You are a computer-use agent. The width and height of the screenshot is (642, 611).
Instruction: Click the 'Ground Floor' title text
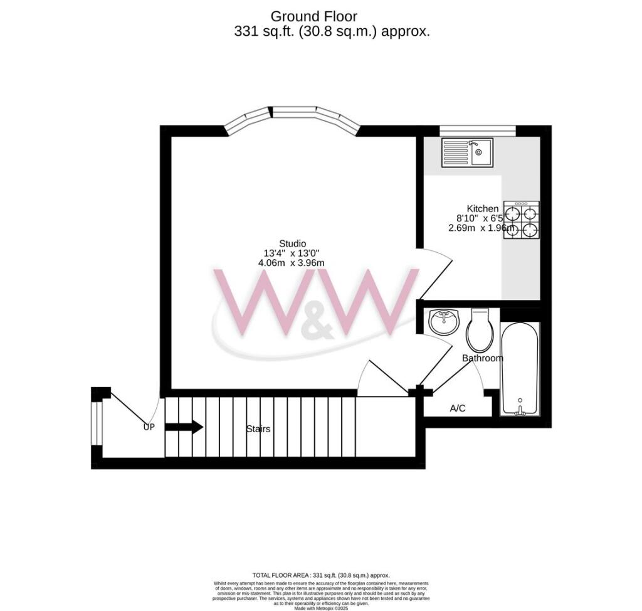(313, 16)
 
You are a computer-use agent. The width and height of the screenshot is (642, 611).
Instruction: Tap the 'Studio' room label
(292, 243)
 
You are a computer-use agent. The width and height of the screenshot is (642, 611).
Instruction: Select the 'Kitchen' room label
(482, 208)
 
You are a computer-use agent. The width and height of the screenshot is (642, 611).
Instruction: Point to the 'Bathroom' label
(482, 358)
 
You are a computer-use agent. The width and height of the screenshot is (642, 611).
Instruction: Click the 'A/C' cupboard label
(458, 408)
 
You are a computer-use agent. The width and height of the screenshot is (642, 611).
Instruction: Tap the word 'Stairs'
(258, 429)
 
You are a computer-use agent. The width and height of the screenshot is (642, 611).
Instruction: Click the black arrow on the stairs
(184, 428)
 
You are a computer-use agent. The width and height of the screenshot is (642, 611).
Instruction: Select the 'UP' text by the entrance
(149, 427)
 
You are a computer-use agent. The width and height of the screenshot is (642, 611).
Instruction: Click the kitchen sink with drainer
(467, 152)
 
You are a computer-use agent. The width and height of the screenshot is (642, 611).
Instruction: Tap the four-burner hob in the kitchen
(522, 220)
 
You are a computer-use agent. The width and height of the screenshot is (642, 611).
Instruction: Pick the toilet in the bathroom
(480, 331)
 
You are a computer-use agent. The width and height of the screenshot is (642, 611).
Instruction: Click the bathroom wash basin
(445, 323)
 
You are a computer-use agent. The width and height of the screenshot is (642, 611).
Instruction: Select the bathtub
(520, 369)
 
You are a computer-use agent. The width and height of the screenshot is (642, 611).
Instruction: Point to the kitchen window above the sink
(477, 130)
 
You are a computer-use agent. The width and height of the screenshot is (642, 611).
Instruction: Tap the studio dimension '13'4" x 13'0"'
(292, 253)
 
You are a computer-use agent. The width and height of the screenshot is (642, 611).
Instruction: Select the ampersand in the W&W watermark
(317, 327)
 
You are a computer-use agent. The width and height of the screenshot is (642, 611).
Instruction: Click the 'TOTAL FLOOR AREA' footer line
(320, 575)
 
